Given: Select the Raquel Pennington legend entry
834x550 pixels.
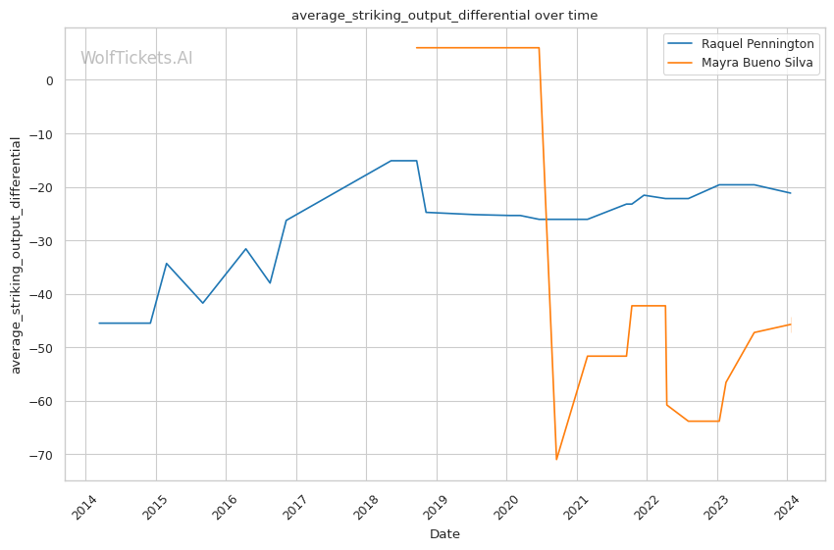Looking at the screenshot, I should (x=756, y=44).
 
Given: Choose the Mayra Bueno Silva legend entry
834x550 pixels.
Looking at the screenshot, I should (x=756, y=63).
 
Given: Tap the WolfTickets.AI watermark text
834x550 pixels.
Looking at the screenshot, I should (x=136, y=58).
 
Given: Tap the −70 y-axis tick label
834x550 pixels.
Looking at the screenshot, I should (x=44, y=455).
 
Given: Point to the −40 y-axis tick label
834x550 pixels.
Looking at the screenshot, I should (x=44, y=294).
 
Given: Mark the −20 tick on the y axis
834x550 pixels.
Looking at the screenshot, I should (x=44, y=187).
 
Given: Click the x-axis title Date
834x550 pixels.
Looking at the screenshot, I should (x=444, y=534).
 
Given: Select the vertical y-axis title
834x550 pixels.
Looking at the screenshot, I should (x=16, y=254).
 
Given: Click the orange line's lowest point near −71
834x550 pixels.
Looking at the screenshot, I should (x=556, y=460).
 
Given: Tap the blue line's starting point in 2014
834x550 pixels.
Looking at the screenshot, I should (x=99, y=323).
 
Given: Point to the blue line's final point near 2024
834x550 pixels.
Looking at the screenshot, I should (x=790, y=193).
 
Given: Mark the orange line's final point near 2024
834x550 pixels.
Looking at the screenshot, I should (x=790, y=325).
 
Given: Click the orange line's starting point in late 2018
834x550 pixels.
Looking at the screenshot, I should (x=416, y=47).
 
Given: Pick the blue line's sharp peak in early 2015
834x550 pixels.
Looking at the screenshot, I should (x=167, y=263).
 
